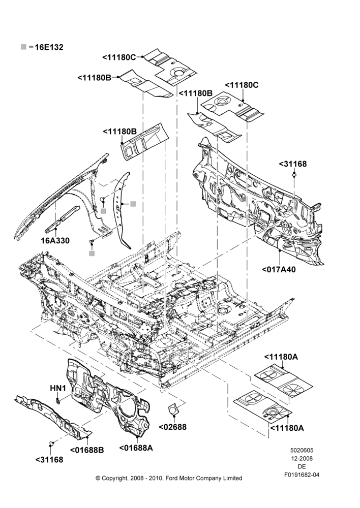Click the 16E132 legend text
coord(49,47)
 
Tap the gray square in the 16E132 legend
coord(23,47)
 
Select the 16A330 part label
coord(55,241)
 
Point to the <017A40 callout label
coord(279,269)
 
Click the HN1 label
coord(58,388)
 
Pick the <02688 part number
coord(172,427)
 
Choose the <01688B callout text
coord(87,450)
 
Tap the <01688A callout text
coord(136,448)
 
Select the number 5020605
coord(302,450)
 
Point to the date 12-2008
coord(302,458)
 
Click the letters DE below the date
coord(302,466)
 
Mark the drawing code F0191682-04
coord(302,475)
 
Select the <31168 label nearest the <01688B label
coord(49,460)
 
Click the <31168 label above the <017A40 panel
coord(292,164)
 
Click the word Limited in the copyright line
coord(233,478)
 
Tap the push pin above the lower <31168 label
coord(51,443)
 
